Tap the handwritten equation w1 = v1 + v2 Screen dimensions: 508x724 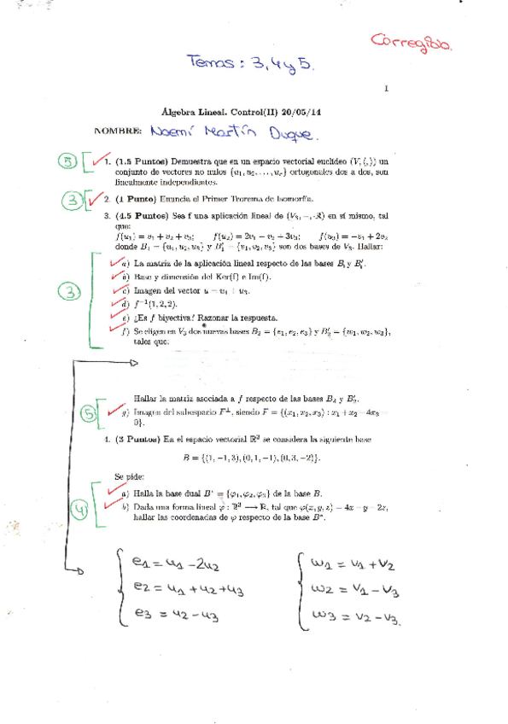point(359,564)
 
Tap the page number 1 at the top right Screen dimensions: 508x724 point(387,88)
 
